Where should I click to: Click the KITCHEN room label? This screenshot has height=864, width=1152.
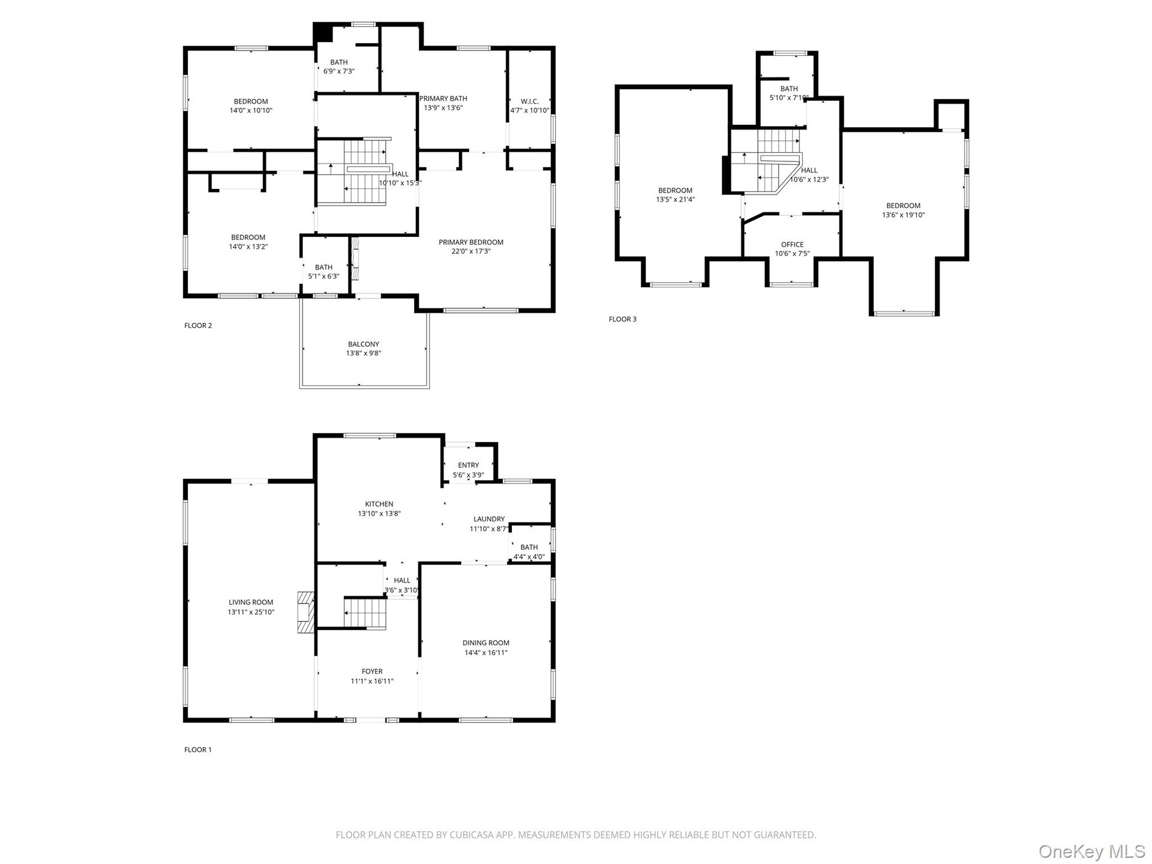(379, 504)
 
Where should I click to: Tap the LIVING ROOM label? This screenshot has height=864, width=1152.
(251, 602)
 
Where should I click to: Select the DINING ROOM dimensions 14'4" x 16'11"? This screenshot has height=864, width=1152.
(486, 653)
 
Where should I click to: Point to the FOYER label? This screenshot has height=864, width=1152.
(372, 671)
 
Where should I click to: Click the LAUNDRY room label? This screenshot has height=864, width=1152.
(489, 519)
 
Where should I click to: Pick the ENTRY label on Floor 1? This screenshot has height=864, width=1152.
(469, 465)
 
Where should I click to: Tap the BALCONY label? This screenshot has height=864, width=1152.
(364, 344)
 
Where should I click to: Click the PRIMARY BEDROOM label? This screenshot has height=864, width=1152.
(471, 242)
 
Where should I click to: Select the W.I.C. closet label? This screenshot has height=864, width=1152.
(530, 101)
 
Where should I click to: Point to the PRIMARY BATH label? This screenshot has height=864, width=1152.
(443, 98)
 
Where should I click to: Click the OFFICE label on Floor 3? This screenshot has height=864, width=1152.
(792, 244)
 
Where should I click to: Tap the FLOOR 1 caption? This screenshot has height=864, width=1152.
(198, 749)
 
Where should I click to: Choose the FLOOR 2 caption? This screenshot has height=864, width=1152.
(198, 325)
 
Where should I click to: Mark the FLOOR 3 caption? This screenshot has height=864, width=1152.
(623, 319)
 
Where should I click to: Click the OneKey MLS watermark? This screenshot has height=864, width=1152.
(1092, 851)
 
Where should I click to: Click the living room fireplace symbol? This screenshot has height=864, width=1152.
(306, 613)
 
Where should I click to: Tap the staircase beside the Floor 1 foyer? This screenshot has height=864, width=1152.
(365, 613)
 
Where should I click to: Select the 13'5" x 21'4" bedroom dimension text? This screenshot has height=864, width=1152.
(675, 200)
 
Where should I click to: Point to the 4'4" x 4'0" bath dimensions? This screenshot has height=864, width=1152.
(529, 557)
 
